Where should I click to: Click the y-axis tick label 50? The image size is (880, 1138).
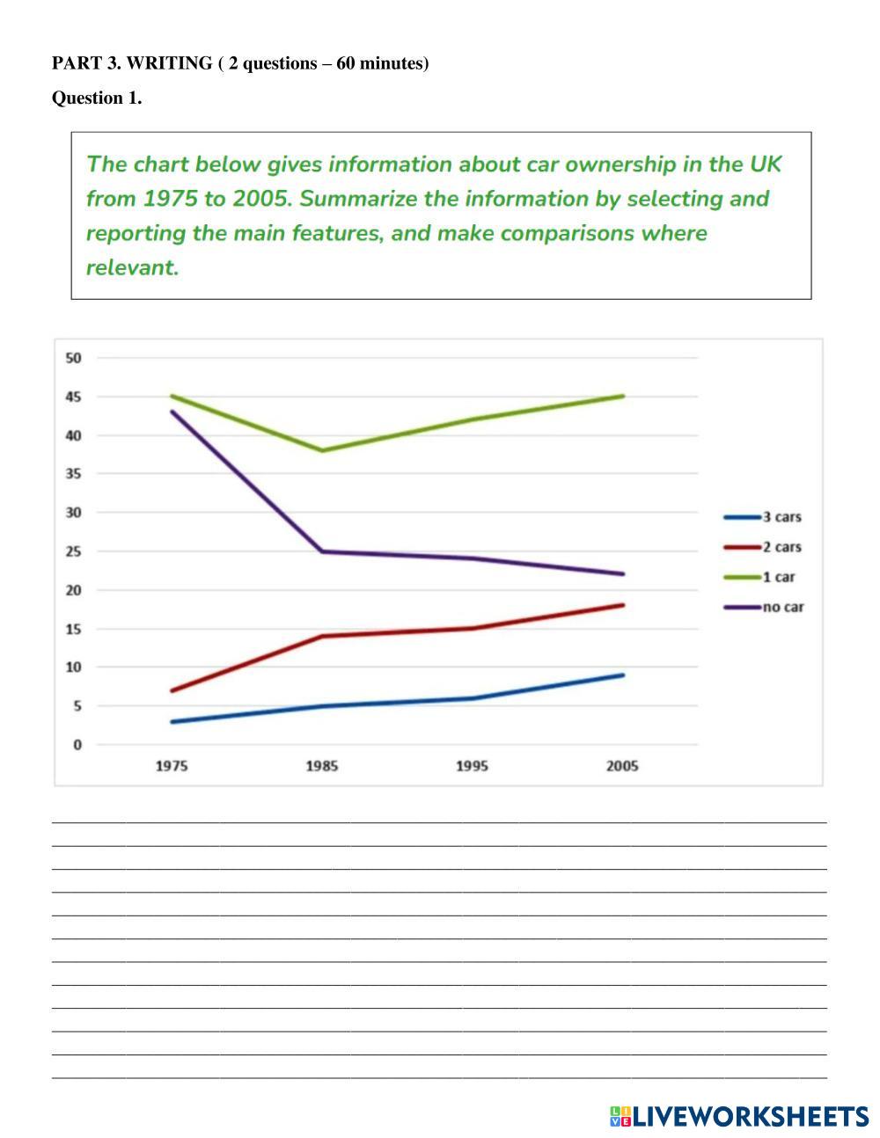pyautogui.click(x=73, y=358)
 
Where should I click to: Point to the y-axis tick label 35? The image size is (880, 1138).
pyautogui.click(x=73, y=474)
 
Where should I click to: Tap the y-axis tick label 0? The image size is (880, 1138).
pyautogui.click(x=77, y=745)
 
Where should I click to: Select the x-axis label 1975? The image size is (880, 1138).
pyautogui.click(x=172, y=766)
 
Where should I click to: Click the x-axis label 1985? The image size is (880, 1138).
pyautogui.click(x=322, y=766)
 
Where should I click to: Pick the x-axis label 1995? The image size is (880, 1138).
pyautogui.click(x=472, y=766)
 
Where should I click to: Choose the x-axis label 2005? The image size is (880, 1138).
pyautogui.click(x=622, y=766)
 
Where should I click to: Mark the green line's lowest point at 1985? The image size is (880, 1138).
pyautogui.click(x=322, y=450)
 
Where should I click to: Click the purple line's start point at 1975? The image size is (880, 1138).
pyautogui.click(x=172, y=412)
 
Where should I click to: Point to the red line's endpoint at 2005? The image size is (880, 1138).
pyautogui.click(x=622, y=605)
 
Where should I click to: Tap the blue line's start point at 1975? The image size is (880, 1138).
pyautogui.click(x=172, y=722)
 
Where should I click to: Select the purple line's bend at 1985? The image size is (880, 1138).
pyautogui.click(x=322, y=551)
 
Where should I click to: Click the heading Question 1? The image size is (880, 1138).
pyautogui.click(x=97, y=98)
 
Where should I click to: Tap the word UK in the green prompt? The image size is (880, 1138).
pyautogui.click(x=765, y=164)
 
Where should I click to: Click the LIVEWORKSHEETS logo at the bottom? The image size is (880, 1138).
pyautogui.click(x=739, y=1117)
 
